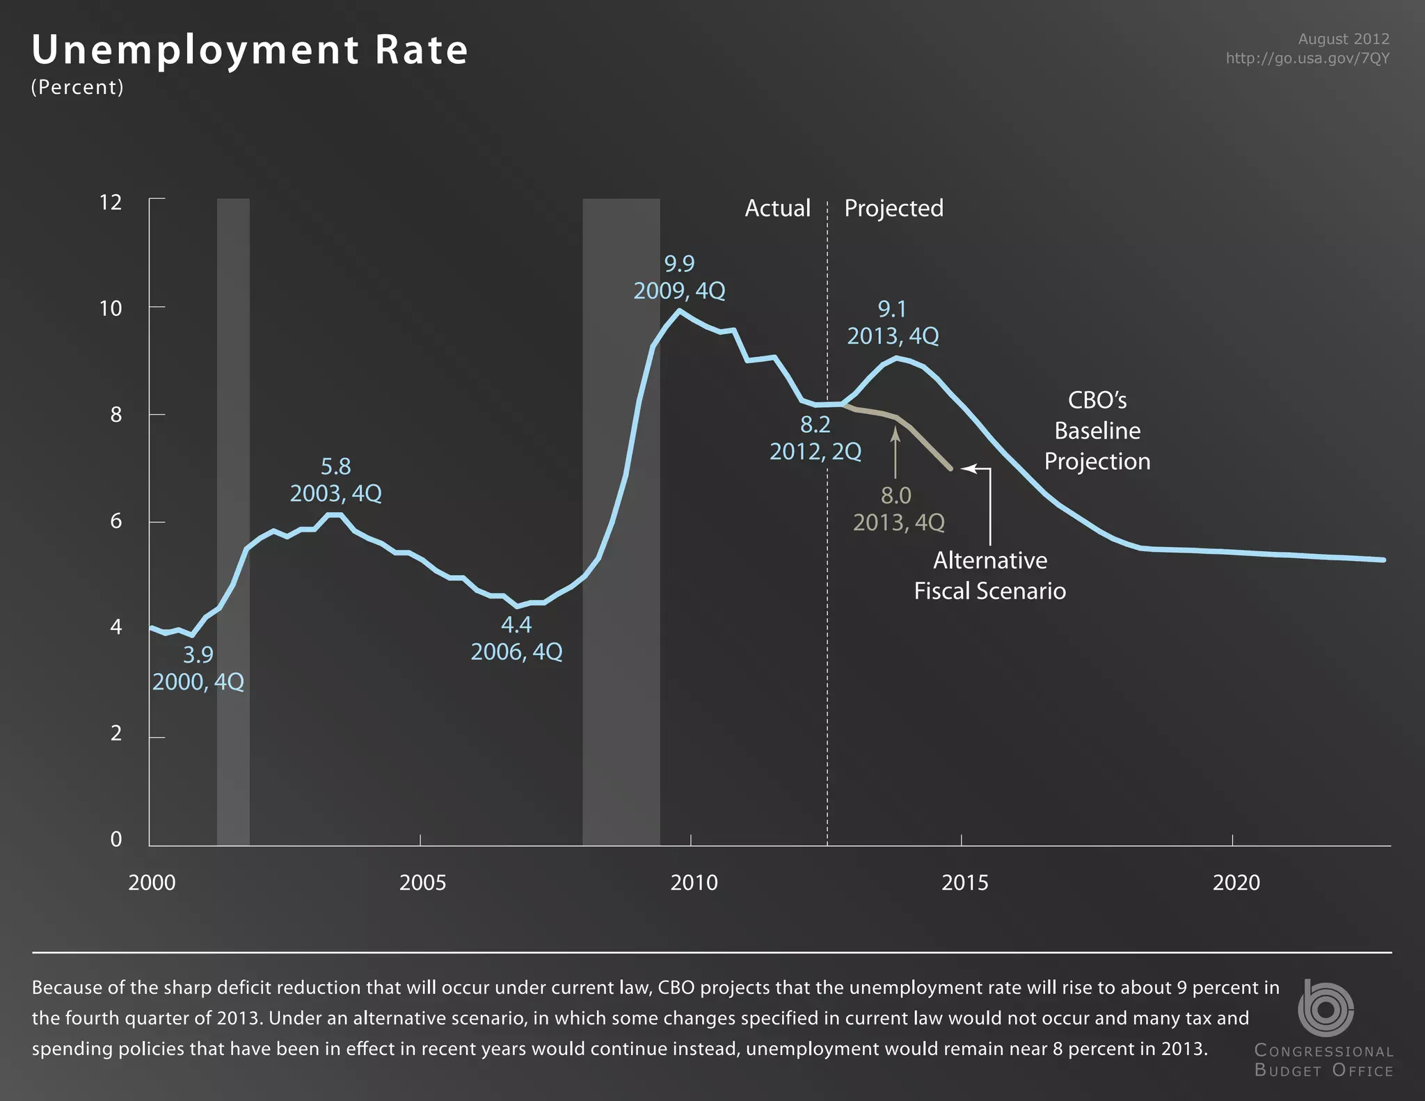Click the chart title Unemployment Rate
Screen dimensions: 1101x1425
[x=250, y=50]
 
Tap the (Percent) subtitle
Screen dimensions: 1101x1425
[x=77, y=87]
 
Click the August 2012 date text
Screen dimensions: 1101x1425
[x=1343, y=39]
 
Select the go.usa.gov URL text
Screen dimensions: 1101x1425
[x=1307, y=58]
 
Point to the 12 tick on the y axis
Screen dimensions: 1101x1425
[x=111, y=203]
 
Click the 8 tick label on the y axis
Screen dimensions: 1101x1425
[x=116, y=415]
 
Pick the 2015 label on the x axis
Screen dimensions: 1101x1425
[x=964, y=882]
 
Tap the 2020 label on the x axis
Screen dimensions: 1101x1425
[x=1236, y=882]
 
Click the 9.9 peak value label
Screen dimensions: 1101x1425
[x=679, y=264]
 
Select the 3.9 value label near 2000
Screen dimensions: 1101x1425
[x=198, y=655]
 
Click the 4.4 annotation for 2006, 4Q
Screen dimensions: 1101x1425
[x=516, y=625]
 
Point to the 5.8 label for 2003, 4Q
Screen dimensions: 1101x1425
[x=335, y=466]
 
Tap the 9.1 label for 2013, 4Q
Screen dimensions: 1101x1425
[x=892, y=309]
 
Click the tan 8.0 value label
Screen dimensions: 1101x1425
[x=895, y=496]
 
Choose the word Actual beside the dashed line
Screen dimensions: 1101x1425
[x=777, y=208]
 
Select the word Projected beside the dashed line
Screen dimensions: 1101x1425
[x=893, y=208]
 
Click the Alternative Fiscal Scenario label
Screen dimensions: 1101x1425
[x=989, y=576]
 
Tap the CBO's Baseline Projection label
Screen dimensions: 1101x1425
[x=1097, y=431]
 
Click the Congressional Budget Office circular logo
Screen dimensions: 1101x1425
[x=1325, y=1008]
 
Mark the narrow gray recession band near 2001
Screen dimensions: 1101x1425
[x=233, y=522]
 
